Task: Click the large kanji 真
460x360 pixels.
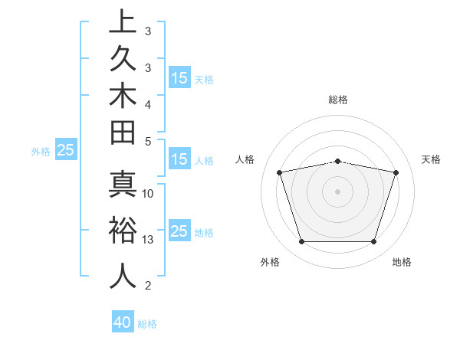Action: coord(122,185)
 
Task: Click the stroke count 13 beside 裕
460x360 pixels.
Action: coord(148,240)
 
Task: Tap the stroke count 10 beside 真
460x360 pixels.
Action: coord(148,194)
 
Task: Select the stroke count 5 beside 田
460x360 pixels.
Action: coord(148,141)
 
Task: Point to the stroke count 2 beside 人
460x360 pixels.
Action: coord(148,286)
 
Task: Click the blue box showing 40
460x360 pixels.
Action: coord(123,323)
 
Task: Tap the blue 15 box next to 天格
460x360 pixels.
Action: coord(179,78)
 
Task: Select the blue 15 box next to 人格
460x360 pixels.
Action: coord(179,160)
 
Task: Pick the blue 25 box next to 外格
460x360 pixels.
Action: coord(65,151)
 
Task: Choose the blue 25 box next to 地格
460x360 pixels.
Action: coord(179,232)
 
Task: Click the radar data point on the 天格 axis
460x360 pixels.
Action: coord(396,172)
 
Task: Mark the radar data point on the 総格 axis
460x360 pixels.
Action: coord(337,161)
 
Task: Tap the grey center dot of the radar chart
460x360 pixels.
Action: coord(337,191)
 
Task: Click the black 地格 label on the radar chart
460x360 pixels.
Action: coord(402,263)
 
